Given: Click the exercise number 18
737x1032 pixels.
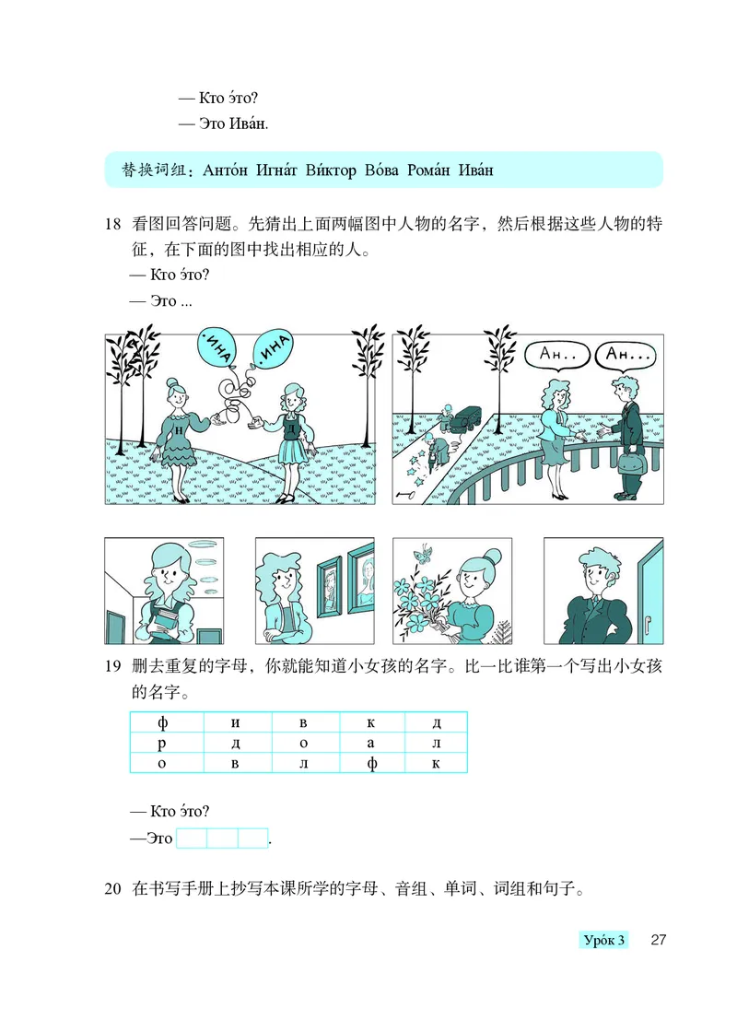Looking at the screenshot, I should pos(113,224).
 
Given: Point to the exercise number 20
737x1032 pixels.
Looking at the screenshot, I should pos(113,889).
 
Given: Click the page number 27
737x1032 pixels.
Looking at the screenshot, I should pos(658,940).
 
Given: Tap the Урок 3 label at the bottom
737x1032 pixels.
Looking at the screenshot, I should pos(603,940).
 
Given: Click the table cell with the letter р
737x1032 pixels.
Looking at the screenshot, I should pos(163,744).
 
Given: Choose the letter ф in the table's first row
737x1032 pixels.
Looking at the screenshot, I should pos(163,722).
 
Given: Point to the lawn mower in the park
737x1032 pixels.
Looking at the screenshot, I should pos(458,418).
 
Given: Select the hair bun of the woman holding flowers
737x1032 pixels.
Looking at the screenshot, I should pos(492,556).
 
